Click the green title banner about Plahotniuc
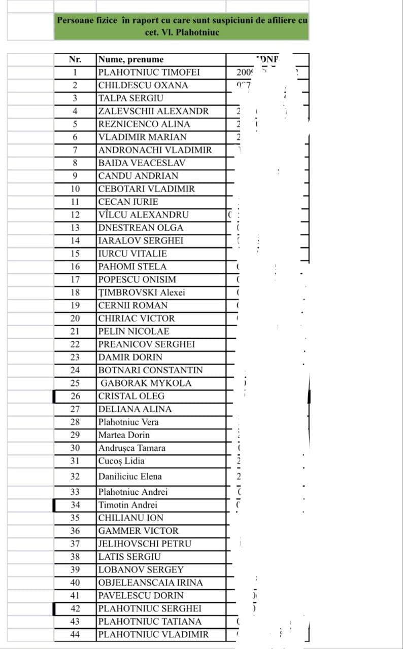[x=182, y=26]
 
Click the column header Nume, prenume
[x=131, y=60]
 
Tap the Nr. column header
[x=75, y=60]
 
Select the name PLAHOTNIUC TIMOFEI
[x=149, y=73]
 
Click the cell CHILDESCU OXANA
[x=143, y=85]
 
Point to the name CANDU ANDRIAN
[x=138, y=176]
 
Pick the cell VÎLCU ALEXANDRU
[x=144, y=214]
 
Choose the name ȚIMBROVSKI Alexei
[x=142, y=293]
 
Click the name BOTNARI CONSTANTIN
[x=150, y=370]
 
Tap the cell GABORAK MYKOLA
[x=146, y=383]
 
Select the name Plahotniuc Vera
[x=128, y=422]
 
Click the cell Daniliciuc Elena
[x=130, y=477]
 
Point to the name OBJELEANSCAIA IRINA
[x=150, y=583]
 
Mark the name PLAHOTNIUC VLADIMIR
[x=153, y=634]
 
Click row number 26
[x=75, y=396]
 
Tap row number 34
[x=75, y=505]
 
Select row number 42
[x=75, y=608]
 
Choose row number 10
[x=75, y=189]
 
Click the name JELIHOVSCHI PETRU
[x=145, y=544]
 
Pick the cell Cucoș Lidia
[x=121, y=461]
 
